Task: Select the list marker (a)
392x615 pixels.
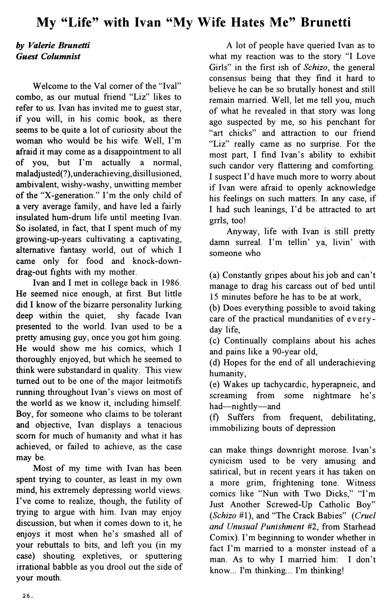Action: pyautogui.click(x=215, y=276)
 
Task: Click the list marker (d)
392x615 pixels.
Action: pyautogui.click(x=215, y=363)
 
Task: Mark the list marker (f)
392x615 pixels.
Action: pyautogui.click(x=215, y=418)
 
